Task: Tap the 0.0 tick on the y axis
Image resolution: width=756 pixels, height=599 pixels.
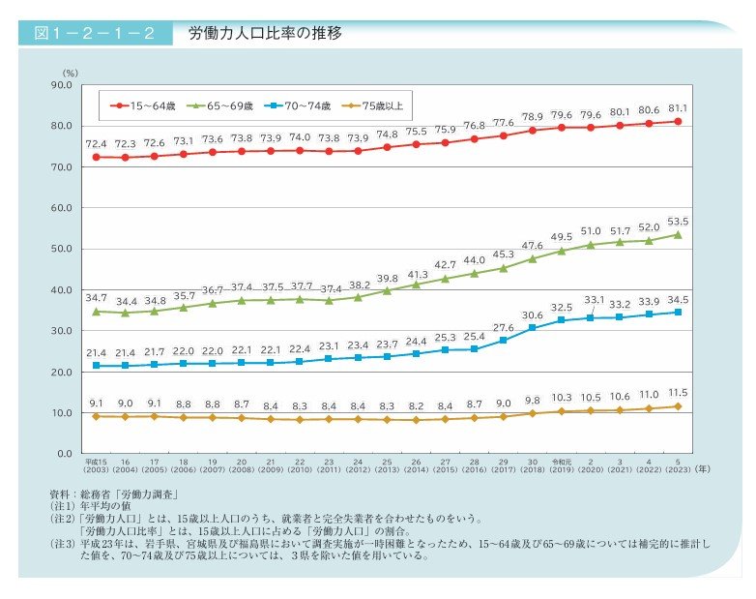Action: tap(63, 453)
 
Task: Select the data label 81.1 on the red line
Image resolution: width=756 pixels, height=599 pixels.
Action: tap(678, 107)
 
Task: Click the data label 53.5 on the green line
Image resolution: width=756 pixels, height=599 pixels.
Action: tap(678, 221)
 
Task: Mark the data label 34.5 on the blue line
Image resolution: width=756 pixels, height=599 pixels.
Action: tap(678, 299)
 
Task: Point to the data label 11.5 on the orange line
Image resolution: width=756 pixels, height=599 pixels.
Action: tap(678, 392)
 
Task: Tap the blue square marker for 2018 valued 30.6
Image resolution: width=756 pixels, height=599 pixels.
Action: tap(532, 328)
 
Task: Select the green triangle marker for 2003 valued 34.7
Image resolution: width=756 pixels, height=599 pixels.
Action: tap(96, 312)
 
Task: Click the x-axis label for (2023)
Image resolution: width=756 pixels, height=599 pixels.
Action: tap(678, 469)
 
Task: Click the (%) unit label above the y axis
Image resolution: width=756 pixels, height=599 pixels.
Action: tap(70, 73)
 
